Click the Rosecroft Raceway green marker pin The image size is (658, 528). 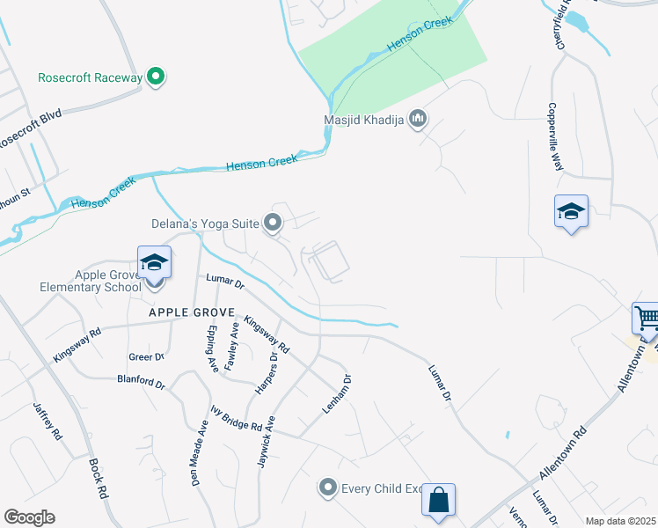coord(156,77)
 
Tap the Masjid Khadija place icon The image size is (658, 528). coord(419,119)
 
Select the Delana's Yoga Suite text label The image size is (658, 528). coord(216,224)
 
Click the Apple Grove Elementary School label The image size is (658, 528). coord(90,281)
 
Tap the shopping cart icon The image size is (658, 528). coord(647,317)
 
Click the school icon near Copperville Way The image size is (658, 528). coord(571,212)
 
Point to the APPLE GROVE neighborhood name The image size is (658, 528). coord(191,312)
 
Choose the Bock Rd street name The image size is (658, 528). coord(98,479)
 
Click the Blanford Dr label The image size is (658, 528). coord(141,383)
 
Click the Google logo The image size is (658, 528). coord(29,517)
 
